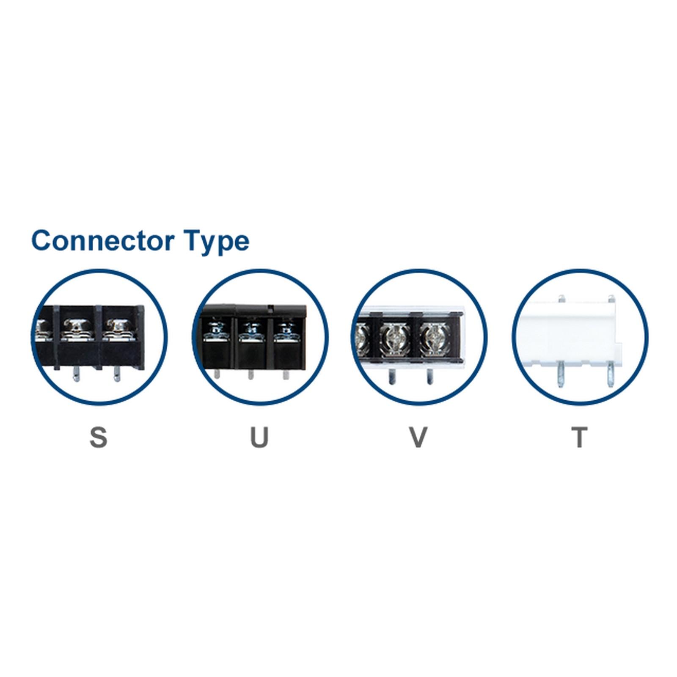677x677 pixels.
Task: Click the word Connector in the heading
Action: coord(103,240)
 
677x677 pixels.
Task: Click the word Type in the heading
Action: coord(216,242)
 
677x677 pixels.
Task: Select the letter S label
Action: coord(98,438)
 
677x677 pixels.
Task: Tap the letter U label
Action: coord(259,438)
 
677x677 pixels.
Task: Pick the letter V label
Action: coord(418,438)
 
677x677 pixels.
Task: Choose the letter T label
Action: coord(580,438)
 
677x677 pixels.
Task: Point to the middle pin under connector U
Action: coord(250,374)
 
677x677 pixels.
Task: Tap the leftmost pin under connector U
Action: coord(217,374)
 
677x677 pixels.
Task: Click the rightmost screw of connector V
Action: coord(433,338)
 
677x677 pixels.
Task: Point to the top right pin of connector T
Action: coord(611,299)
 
